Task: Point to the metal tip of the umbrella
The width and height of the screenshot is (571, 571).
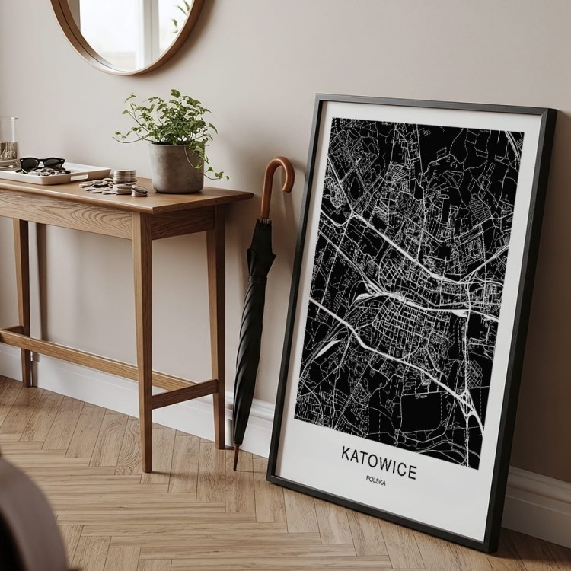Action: [x=236, y=461]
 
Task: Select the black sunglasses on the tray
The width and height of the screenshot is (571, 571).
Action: [x=41, y=163]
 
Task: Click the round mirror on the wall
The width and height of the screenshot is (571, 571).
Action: [x=129, y=30]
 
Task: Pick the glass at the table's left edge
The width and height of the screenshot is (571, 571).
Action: [x=8, y=141]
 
